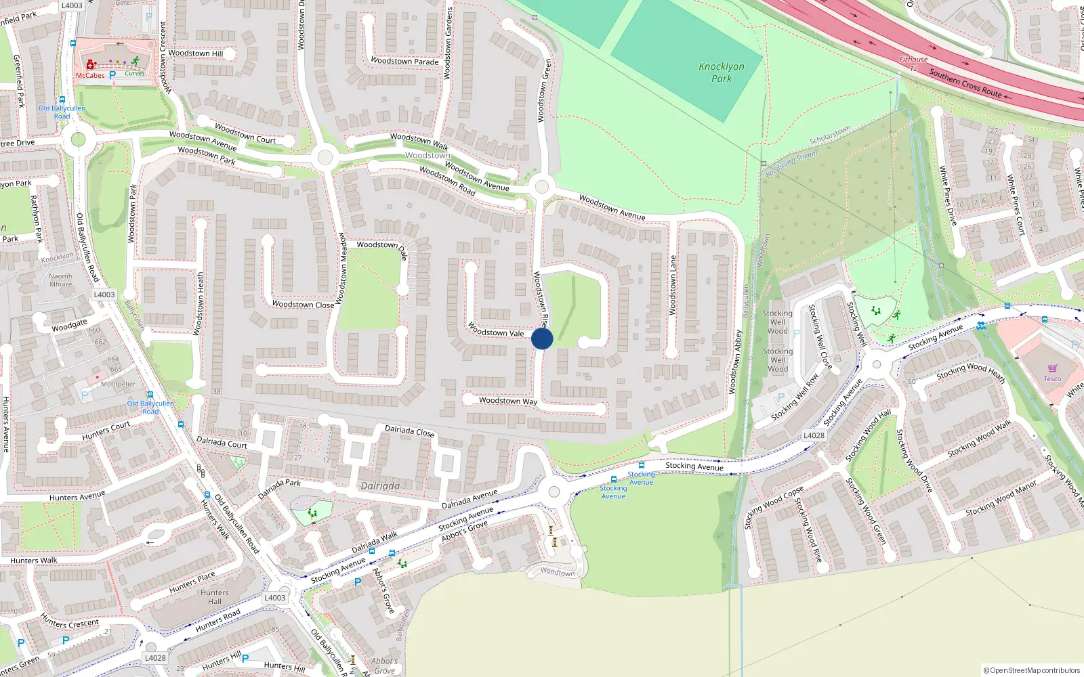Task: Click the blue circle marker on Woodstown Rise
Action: [x=542, y=338]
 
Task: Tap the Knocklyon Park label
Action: [x=722, y=72]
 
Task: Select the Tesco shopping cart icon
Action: [x=1052, y=369]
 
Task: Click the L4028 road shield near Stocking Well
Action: [x=814, y=435]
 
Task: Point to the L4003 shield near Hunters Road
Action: [x=274, y=598]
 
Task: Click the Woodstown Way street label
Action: [x=508, y=401]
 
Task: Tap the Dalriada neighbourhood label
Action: [x=380, y=486]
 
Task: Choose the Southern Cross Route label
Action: [x=965, y=83]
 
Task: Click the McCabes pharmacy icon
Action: [x=89, y=65]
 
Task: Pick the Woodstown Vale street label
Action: [x=497, y=330]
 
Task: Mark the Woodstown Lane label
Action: [x=673, y=285]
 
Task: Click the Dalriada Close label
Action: [x=410, y=431]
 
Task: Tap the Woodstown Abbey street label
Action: [x=736, y=362]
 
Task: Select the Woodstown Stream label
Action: [x=791, y=165]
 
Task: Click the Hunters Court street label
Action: [x=106, y=431]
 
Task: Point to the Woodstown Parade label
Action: [x=404, y=61]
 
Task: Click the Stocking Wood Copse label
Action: [x=774, y=507]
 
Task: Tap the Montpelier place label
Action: [x=118, y=384]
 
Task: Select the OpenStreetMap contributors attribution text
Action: [x=1033, y=670]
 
